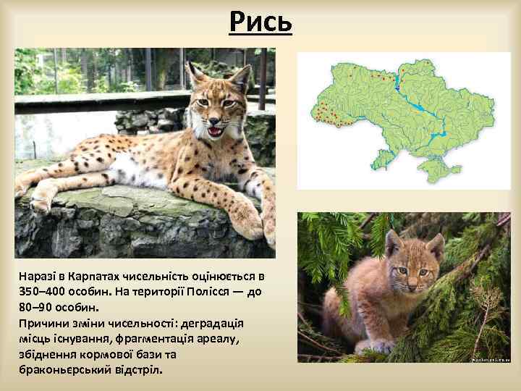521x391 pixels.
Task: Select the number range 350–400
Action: (x=44, y=290)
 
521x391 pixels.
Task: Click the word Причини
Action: (x=45, y=322)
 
